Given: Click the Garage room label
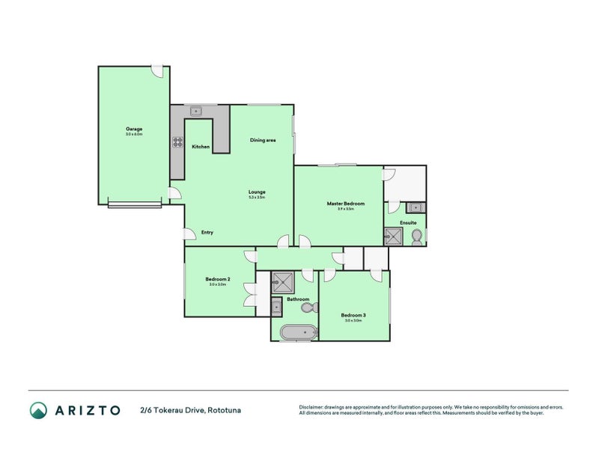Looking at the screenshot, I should click(134, 129).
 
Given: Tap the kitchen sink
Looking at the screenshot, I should click(197, 112).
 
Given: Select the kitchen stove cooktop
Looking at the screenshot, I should click(178, 142).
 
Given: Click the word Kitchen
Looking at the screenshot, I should click(201, 147).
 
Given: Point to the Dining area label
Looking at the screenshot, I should click(263, 140).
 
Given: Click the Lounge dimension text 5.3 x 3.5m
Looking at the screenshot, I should click(257, 198).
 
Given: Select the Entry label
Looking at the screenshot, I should click(207, 232).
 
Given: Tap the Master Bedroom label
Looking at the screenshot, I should click(345, 204).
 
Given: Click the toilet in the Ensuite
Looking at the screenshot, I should click(416, 236).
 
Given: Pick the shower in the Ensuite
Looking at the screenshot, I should click(393, 237).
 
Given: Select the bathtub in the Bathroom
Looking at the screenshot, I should click(296, 332).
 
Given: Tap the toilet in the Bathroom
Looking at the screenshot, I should click(314, 307).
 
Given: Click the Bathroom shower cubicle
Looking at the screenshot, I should click(283, 282).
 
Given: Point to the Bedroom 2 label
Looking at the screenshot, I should click(218, 279).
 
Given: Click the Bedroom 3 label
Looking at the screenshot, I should click(353, 315).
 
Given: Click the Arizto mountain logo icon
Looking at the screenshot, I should click(38, 410).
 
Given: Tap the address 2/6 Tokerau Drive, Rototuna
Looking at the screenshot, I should click(190, 410).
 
